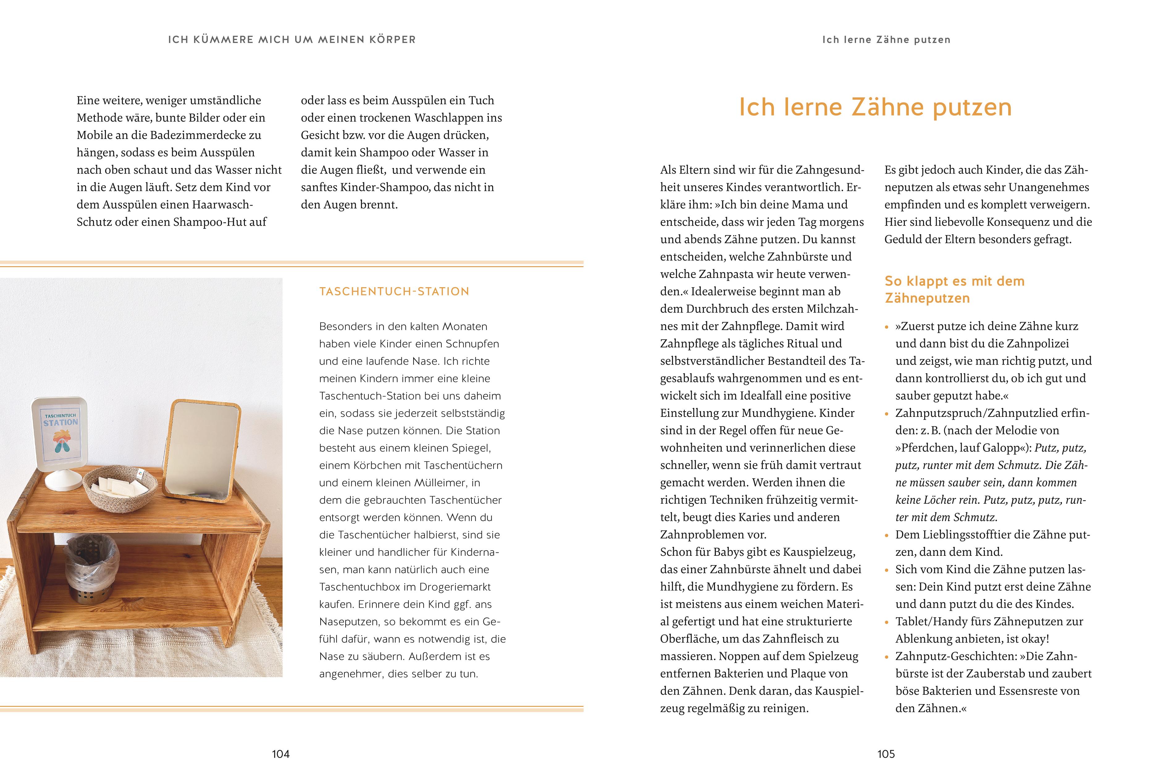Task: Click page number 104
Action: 280,754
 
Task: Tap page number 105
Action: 886,754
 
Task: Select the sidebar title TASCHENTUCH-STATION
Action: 394,291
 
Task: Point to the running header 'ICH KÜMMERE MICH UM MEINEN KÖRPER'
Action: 292,40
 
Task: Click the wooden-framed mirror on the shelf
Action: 204,450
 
